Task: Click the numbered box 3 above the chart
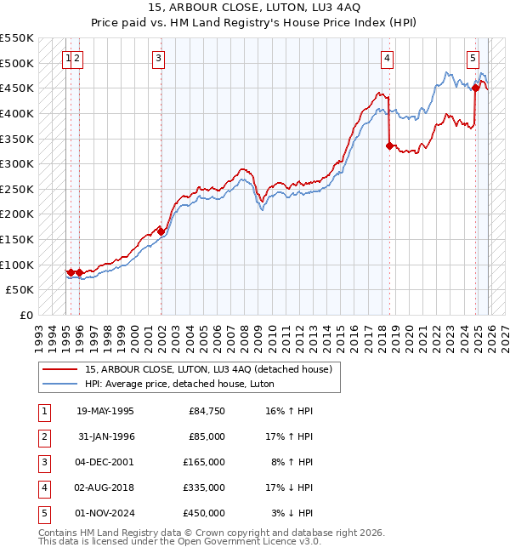159,58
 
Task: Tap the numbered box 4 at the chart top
387,58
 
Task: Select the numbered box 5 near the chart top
473,58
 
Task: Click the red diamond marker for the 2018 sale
389,146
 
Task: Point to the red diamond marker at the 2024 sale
475,88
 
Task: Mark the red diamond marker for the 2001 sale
160,231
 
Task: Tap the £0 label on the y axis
27,315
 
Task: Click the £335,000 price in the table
204,487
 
